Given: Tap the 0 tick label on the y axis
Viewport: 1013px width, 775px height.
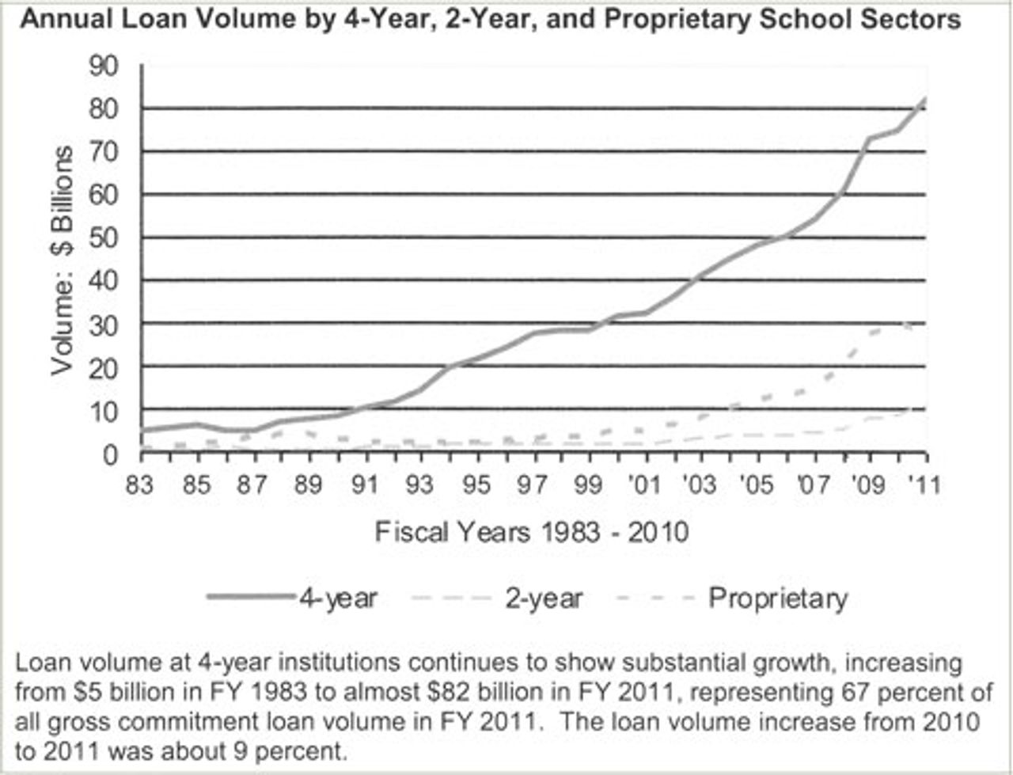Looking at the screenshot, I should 109,454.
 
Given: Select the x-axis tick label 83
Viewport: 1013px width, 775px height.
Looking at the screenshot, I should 139,484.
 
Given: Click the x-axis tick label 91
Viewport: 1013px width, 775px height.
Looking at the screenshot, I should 364,484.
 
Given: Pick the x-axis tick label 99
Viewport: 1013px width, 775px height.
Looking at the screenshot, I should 588,484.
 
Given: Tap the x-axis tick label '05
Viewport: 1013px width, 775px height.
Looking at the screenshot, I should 754,484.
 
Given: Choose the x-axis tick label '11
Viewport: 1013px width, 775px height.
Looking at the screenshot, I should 923,484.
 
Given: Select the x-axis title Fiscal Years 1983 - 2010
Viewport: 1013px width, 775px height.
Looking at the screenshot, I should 532,531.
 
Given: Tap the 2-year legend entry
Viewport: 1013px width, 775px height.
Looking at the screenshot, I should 544,598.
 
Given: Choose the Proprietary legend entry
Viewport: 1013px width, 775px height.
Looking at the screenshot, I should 778,598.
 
